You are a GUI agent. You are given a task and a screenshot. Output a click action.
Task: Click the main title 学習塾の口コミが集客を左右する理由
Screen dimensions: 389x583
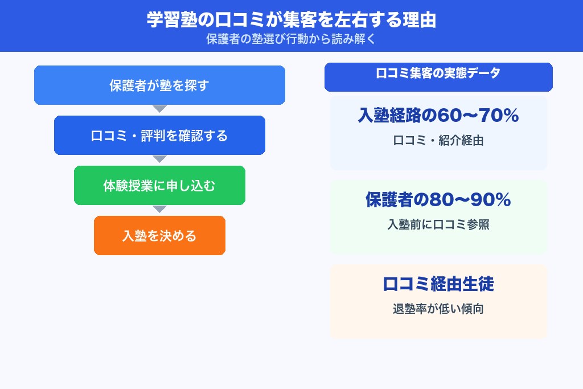pyautogui.click(x=291, y=20)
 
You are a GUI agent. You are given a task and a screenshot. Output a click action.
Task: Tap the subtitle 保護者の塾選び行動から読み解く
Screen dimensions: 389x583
pyautogui.click(x=291, y=40)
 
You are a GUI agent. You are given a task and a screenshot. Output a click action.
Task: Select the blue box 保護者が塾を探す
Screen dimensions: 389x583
pyautogui.click(x=159, y=85)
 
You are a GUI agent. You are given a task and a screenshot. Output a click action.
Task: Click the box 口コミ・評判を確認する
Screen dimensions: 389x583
pyautogui.click(x=159, y=136)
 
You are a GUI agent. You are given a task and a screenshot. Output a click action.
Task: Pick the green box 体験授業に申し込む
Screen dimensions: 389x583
pyautogui.click(x=159, y=186)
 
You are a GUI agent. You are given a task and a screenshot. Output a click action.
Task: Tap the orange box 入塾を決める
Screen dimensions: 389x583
pyautogui.click(x=159, y=236)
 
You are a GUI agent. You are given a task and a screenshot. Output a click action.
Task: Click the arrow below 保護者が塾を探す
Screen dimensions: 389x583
pyautogui.click(x=159, y=109)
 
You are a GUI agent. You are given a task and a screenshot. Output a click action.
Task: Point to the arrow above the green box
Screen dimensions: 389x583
pyautogui.click(x=159, y=159)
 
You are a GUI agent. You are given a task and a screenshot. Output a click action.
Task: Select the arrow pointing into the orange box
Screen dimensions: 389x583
pyautogui.click(x=159, y=209)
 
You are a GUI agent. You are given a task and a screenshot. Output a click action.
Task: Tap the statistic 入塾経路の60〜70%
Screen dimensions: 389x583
pyautogui.click(x=438, y=116)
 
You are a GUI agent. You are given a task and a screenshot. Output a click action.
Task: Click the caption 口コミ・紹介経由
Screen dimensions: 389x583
pyautogui.click(x=438, y=141)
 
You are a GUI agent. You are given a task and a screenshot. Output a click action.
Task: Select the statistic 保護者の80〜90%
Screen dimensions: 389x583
pyautogui.click(x=438, y=200)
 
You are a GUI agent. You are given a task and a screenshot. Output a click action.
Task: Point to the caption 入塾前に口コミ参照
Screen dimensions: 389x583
pyautogui.click(x=438, y=225)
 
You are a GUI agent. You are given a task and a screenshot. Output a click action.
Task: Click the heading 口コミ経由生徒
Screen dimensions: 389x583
pyautogui.click(x=438, y=284)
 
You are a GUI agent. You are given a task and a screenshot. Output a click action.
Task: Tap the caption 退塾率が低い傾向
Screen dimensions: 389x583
pyautogui.click(x=438, y=309)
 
